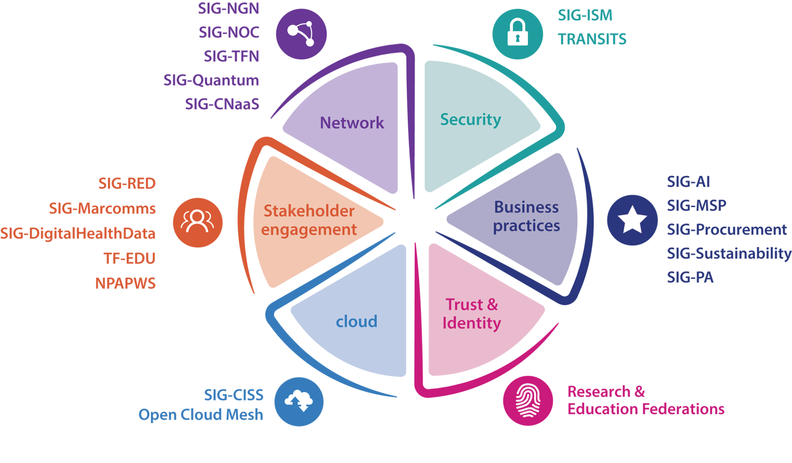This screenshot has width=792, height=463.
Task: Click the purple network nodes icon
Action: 301,34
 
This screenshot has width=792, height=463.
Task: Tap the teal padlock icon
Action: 518,33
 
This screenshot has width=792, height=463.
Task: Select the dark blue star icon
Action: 632,220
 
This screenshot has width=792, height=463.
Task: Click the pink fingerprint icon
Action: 528,400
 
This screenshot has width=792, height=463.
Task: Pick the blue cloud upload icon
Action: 299,401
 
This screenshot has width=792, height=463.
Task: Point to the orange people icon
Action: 198,222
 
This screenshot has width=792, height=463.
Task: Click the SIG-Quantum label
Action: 211,80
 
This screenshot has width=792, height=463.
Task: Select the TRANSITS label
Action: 592,39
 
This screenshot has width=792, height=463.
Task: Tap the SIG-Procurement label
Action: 727,230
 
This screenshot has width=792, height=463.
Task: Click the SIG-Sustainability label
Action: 729,253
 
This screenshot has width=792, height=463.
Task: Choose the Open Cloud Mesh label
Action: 201,415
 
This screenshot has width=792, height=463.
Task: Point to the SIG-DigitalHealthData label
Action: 78,234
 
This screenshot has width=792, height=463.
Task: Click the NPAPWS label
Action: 125,283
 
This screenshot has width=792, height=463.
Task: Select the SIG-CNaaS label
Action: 222,104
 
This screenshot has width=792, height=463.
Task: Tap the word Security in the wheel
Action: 471,120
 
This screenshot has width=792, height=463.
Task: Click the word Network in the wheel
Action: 352,123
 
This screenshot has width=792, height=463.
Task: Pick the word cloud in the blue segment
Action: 356,321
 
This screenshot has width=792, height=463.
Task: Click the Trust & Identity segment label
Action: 472,314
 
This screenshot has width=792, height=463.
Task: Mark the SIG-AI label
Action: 688,182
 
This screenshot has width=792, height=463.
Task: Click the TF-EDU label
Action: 130,258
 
